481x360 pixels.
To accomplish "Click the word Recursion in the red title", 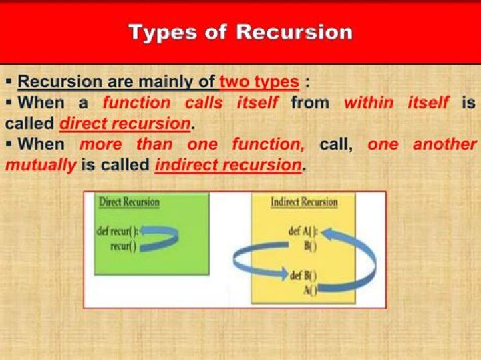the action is click(294, 32).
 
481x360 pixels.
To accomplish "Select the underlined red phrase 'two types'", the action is click(259, 82).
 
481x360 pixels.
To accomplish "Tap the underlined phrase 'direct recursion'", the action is click(125, 124).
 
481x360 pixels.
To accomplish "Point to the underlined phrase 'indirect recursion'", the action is click(228, 165).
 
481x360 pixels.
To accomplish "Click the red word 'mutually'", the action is click(41, 166).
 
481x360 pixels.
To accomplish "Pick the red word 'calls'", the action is click(204, 102).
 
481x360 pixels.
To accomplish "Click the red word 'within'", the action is click(369, 102).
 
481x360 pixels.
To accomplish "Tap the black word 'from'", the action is click(310, 102).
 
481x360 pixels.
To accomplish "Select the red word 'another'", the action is click(445, 144).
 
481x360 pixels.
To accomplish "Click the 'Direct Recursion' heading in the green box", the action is click(129, 202).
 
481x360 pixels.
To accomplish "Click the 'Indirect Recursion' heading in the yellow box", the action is click(304, 202).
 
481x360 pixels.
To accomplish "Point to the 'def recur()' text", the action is click(118, 231).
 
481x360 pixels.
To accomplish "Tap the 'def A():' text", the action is click(304, 231).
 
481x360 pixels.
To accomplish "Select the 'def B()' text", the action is click(303, 275).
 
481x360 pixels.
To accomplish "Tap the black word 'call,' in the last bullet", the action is click(336, 145).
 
